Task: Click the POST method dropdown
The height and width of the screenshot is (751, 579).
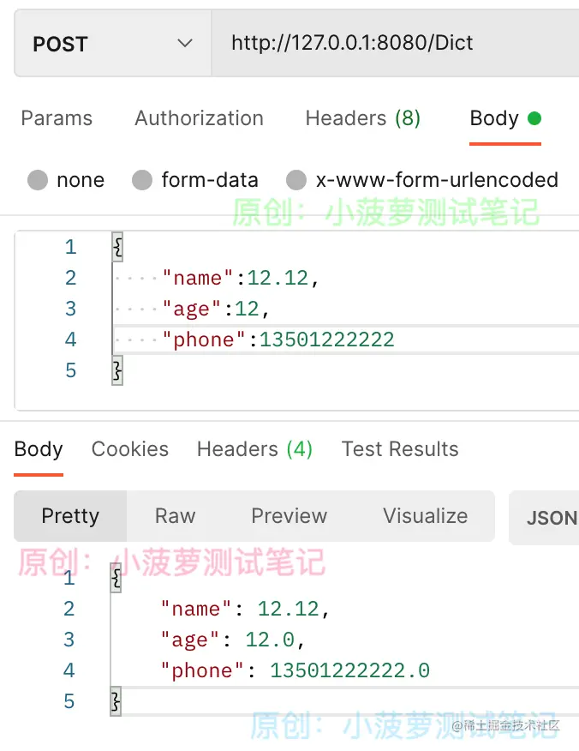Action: click(x=111, y=44)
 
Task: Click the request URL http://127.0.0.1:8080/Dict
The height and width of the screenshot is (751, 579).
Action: click(x=352, y=43)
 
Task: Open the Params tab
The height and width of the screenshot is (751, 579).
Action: click(x=57, y=118)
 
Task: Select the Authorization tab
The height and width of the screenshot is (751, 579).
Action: click(x=199, y=118)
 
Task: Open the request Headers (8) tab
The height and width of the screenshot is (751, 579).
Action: click(x=362, y=118)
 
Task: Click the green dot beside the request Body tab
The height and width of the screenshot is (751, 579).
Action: click(x=534, y=118)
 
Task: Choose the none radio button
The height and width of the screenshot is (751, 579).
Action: click(x=38, y=180)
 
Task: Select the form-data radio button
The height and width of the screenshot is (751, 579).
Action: click(x=142, y=180)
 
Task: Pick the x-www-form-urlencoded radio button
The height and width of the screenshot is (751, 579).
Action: click(x=296, y=180)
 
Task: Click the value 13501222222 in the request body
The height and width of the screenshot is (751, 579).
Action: click(x=327, y=339)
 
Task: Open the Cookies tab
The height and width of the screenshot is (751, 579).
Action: click(x=130, y=449)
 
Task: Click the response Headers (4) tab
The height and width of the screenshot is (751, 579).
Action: click(x=254, y=449)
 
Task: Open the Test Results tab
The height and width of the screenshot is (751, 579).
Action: click(x=400, y=449)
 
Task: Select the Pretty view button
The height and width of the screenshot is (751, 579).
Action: click(x=70, y=516)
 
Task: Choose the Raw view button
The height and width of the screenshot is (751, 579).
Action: click(x=175, y=516)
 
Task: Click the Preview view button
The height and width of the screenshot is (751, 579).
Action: click(x=289, y=516)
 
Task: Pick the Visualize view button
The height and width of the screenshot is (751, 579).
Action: click(x=425, y=516)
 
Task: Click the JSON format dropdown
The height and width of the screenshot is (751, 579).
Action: click(x=548, y=518)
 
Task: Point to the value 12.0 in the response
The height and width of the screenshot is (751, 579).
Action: click(x=274, y=640)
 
